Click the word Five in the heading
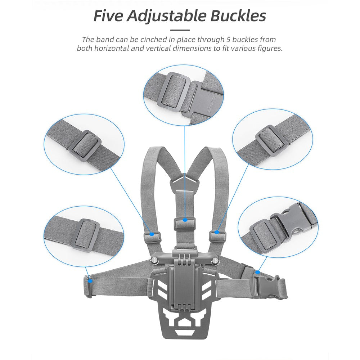108,16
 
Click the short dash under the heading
180,30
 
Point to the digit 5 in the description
228,40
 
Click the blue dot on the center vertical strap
185,220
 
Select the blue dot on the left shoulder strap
152,234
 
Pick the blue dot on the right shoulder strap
217,232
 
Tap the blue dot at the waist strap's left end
90,280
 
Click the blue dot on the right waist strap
258,272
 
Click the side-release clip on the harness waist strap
264,285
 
